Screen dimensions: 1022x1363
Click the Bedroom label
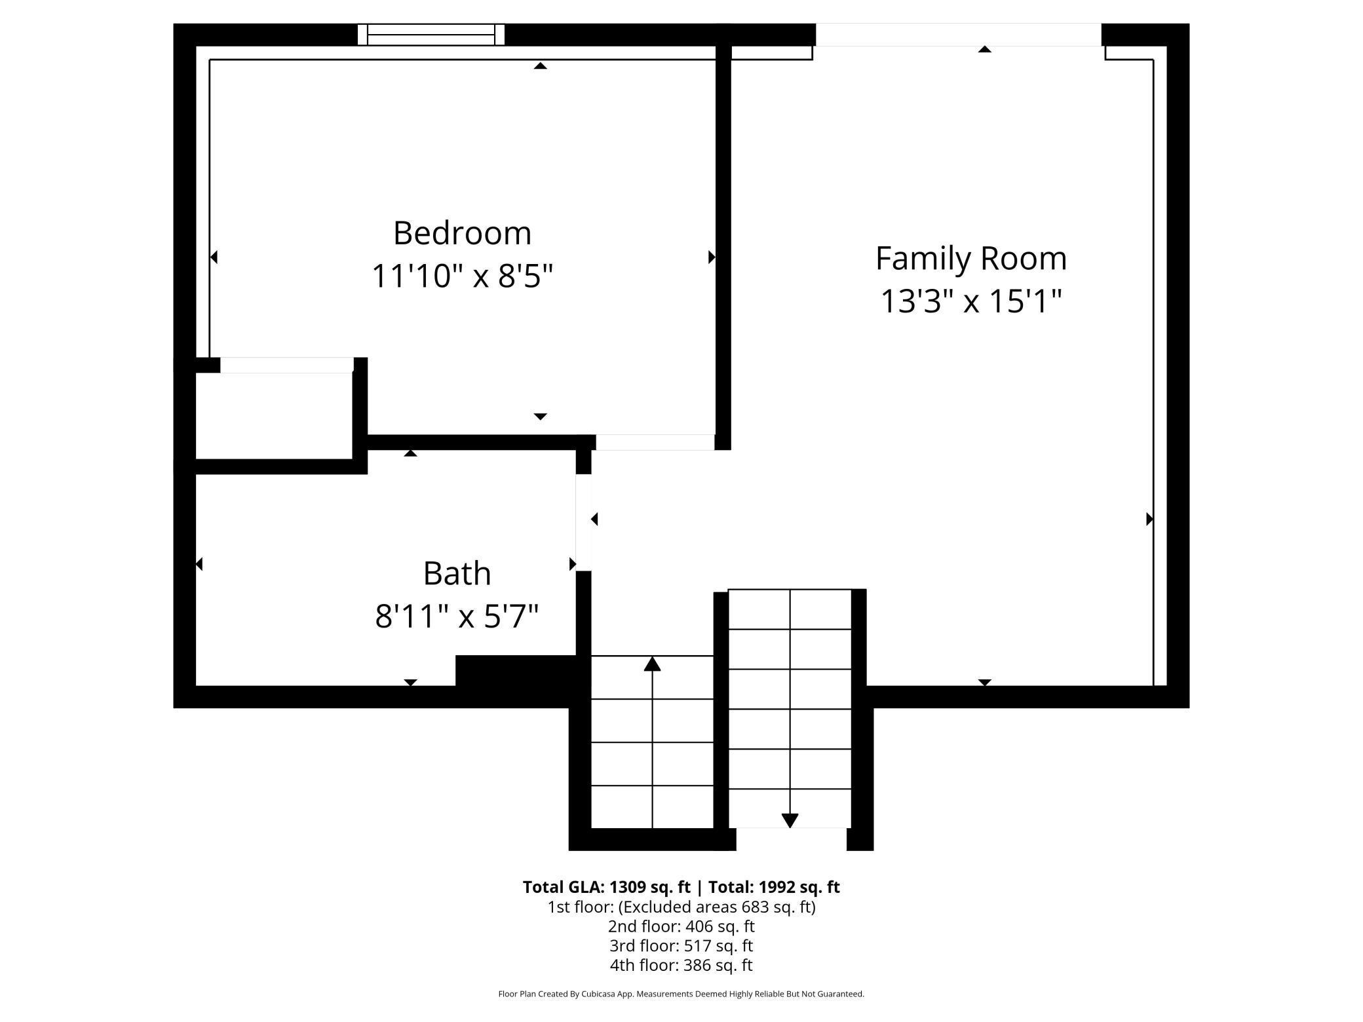462,233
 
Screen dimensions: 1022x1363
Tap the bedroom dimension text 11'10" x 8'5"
462,276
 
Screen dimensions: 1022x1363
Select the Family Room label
970,258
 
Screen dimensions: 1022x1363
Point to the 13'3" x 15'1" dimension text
970,301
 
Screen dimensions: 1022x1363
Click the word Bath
457,573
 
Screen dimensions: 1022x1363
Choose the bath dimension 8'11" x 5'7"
457,616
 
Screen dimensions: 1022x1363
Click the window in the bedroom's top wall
431,35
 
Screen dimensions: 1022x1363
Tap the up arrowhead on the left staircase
652,664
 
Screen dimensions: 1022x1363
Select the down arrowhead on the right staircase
790,820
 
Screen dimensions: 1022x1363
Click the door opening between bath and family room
583,522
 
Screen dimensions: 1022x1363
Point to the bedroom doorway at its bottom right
655,442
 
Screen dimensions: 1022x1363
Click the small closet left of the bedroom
274,415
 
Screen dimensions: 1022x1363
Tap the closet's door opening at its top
286,365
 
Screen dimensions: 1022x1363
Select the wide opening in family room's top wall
958,35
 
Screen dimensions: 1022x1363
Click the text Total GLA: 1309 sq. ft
606,887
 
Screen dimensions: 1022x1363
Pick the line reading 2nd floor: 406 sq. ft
681,926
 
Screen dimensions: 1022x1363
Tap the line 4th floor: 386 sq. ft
681,965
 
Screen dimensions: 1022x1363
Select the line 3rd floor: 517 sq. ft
681,945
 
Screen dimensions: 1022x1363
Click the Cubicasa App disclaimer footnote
681,994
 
